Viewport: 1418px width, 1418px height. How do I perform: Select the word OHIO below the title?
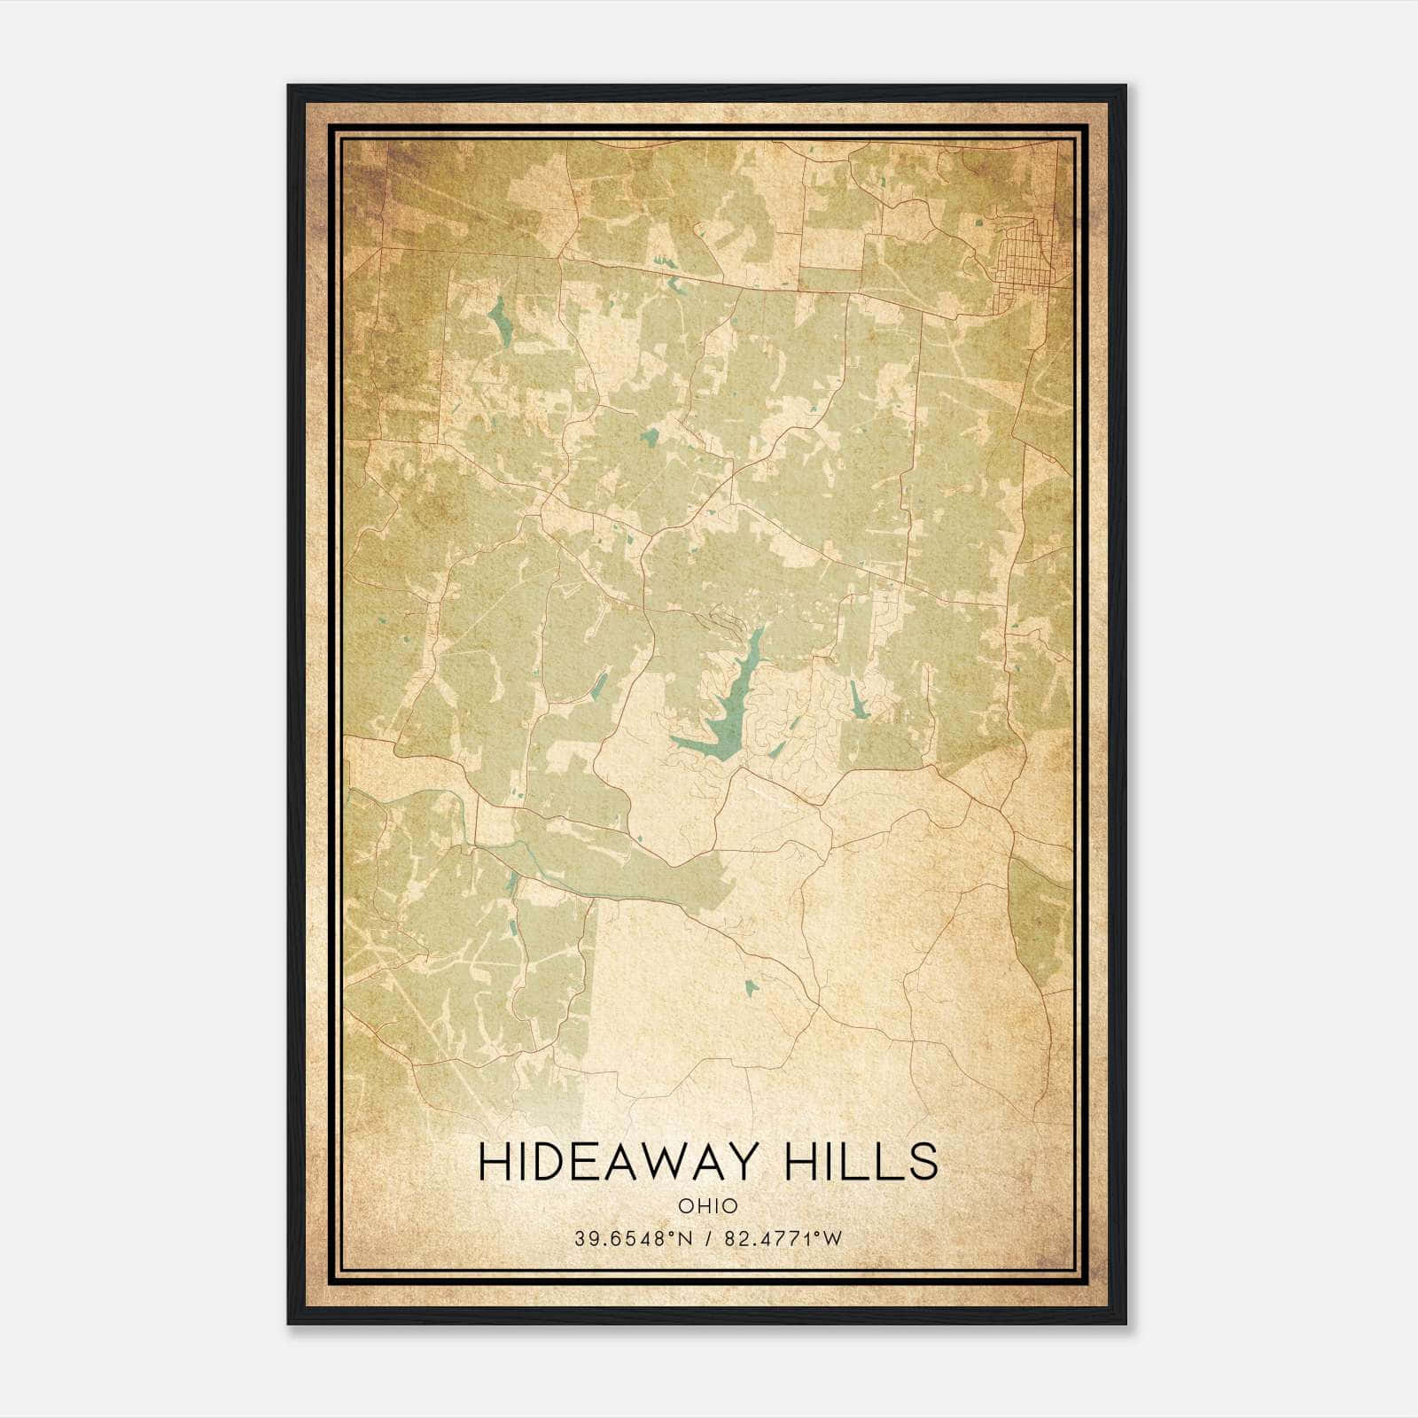point(707,1206)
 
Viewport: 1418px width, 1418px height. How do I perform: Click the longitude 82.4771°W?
point(783,1238)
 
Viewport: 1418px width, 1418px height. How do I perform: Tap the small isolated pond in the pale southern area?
point(752,986)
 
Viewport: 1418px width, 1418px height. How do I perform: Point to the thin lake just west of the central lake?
point(599,683)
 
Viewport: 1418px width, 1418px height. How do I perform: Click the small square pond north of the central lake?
point(650,436)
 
